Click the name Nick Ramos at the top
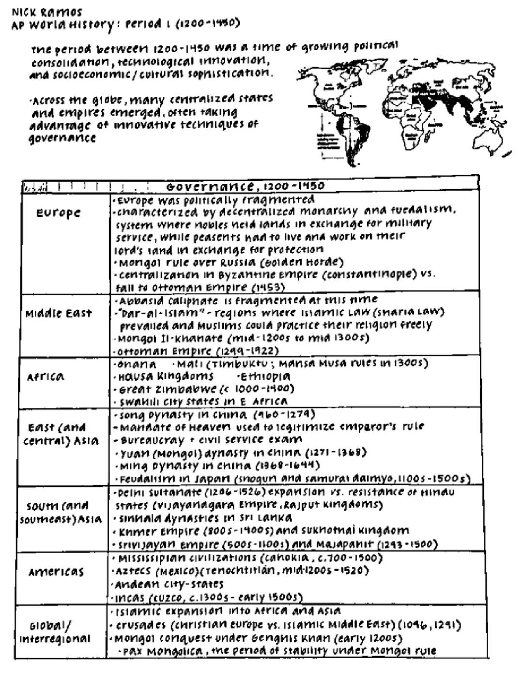point(47,12)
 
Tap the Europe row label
point(59,213)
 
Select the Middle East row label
point(59,314)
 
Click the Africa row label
point(46,377)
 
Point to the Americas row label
point(56,572)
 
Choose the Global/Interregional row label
point(55,632)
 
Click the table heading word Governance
point(210,186)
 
